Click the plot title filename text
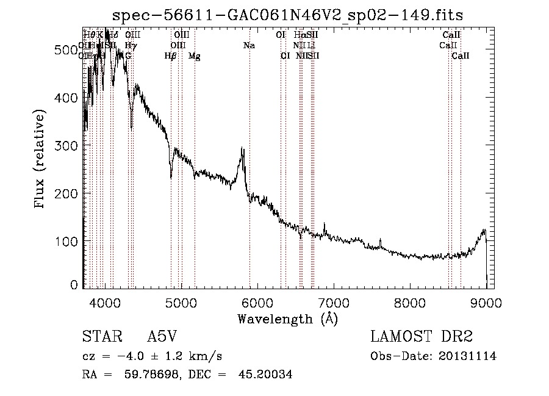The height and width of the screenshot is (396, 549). click(289, 15)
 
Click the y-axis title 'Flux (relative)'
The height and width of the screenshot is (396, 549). click(41, 160)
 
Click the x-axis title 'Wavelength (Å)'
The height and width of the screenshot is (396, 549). click(288, 319)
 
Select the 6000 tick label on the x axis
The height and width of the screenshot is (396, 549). click(257, 303)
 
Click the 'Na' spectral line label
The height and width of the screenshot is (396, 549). click(249, 46)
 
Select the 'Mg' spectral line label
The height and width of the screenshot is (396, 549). click(195, 56)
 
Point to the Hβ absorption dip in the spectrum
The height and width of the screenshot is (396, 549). click(171, 177)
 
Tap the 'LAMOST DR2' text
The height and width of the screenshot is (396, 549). click(422, 337)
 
